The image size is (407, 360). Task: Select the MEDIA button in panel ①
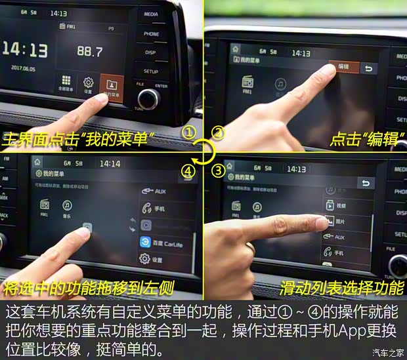[151, 13]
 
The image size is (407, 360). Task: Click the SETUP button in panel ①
[151, 71]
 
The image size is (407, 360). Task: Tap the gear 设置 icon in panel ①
[87, 85]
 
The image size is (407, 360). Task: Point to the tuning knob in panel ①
[148, 99]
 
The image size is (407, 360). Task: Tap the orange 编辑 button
[343, 67]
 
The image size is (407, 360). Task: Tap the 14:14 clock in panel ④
[109, 163]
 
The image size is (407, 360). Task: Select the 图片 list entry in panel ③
[341, 222]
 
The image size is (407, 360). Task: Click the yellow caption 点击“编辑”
[367, 139]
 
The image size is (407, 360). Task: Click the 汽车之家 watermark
[387, 353]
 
